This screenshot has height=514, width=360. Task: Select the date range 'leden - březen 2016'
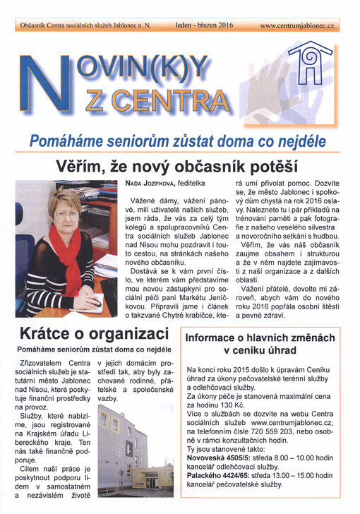(x=204, y=25)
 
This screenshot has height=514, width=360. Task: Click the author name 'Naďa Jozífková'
(x=145, y=184)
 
